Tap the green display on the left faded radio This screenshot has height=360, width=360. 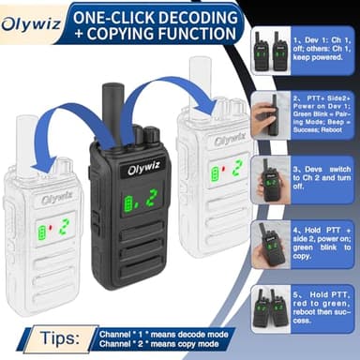click(x=54, y=229)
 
